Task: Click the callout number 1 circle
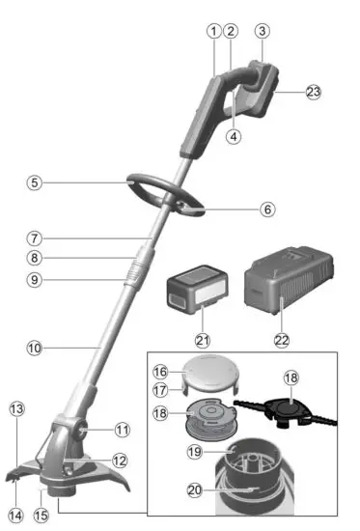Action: point(212,30)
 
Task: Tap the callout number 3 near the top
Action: point(261,30)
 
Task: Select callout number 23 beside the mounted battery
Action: point(313,93)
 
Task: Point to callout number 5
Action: point(35,181)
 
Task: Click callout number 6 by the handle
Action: point(267,208)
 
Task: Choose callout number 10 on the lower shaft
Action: point(35,346)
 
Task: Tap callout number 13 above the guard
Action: point(15,409)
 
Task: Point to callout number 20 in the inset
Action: point(197,491)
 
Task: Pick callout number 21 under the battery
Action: point(203,340)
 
